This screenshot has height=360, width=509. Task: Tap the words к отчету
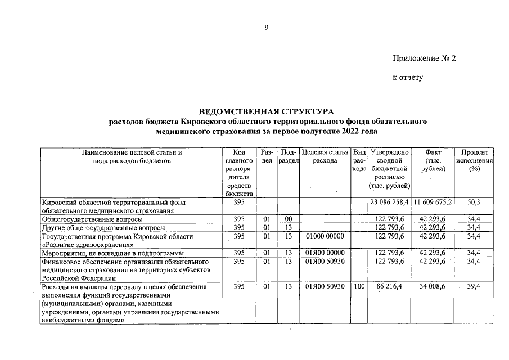pyautogui.click(x=408, y=77)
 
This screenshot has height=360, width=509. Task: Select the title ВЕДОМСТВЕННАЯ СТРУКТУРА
pyautogui.click(x=267, y=111)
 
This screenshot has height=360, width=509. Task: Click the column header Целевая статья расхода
pyautogui.click(x=325, y=156)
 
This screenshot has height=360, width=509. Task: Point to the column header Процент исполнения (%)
pyautogui.click(x=474, y=160)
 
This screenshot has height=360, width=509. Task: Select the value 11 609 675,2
pyautogui.click(x=433, y=202)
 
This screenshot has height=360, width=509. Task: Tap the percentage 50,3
pyautogui.click(x=474, y=202)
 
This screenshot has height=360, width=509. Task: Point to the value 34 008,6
pyautogui.click(x=433, y=287)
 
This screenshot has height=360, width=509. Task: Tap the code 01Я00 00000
pyautogui.click(x=325, y=253)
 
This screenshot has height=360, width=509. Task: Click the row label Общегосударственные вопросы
pyautogui.click(x=92, y=219)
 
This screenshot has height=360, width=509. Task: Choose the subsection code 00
pyautogui.click(x=289, y=219)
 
